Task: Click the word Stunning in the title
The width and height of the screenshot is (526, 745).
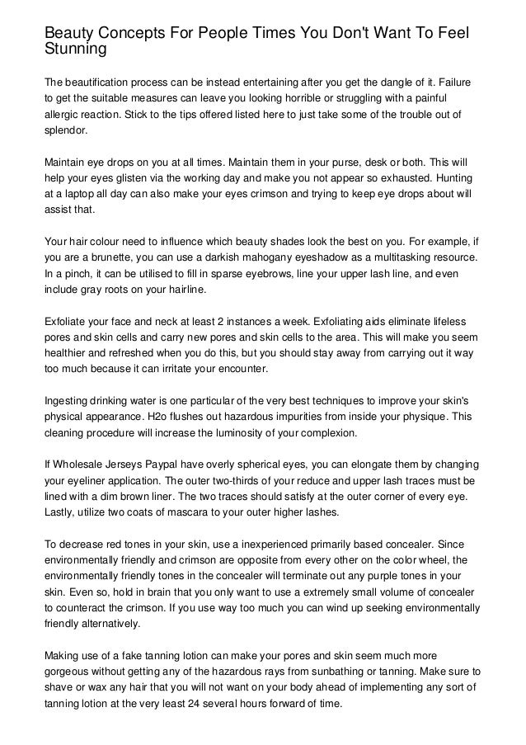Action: [x=76, y=50]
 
